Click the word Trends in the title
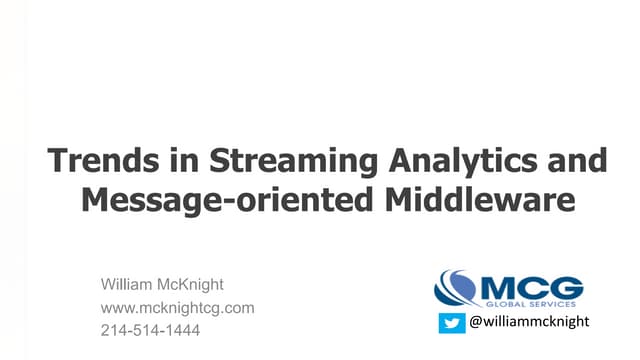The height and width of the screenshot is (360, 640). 97,162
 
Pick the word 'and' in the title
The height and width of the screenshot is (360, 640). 571,162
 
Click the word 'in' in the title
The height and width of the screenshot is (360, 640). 164,162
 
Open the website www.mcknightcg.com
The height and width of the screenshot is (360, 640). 178,308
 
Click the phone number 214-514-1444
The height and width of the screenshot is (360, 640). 151,329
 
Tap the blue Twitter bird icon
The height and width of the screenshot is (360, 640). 453,322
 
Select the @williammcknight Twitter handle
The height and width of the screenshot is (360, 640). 530,322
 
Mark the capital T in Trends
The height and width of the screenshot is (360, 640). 59,162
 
